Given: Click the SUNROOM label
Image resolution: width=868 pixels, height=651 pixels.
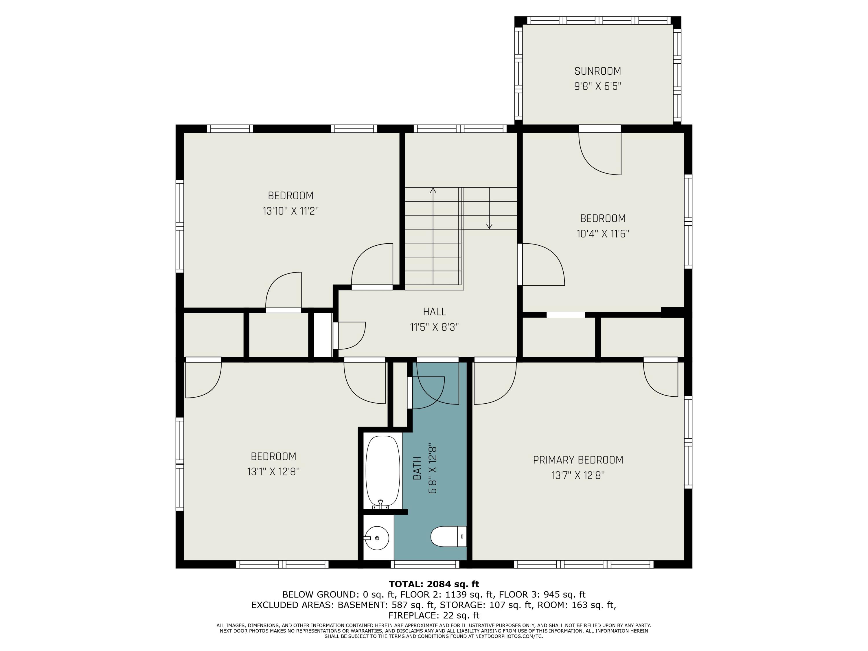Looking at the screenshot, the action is (x=598, y=71).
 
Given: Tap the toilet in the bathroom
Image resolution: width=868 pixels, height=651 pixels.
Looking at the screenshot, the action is (x=448, y=536).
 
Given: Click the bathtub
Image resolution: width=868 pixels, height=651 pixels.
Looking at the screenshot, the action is (x=382, y=472).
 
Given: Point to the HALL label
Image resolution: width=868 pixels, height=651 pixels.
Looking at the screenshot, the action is (x=434, y=312).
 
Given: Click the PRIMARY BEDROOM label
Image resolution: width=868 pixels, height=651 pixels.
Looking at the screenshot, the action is (x=578, y=460).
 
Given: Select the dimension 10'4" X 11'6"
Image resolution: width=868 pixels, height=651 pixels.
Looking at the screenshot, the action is (x=603, y=234).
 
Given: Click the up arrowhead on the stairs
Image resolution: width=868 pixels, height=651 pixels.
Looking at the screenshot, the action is (x=433, y=191).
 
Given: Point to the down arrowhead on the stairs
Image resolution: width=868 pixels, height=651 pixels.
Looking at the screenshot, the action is (x=489, y=226).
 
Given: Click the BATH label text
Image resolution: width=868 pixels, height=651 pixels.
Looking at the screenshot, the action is (x=417, y=468).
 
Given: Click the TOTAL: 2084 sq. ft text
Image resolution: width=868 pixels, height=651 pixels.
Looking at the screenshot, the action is (x=434, y=584).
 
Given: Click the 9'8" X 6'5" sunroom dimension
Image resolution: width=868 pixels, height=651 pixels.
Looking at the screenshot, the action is (x=598, y=86).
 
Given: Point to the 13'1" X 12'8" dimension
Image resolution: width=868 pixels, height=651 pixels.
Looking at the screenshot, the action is (x=273, y=472).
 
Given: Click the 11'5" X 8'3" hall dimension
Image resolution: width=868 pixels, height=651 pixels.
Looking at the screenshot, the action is (x=434, y=327).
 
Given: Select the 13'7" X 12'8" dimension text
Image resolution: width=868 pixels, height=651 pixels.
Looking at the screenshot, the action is (x=578, y=476).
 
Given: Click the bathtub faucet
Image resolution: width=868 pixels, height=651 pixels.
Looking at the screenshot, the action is (x=380, y=505).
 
